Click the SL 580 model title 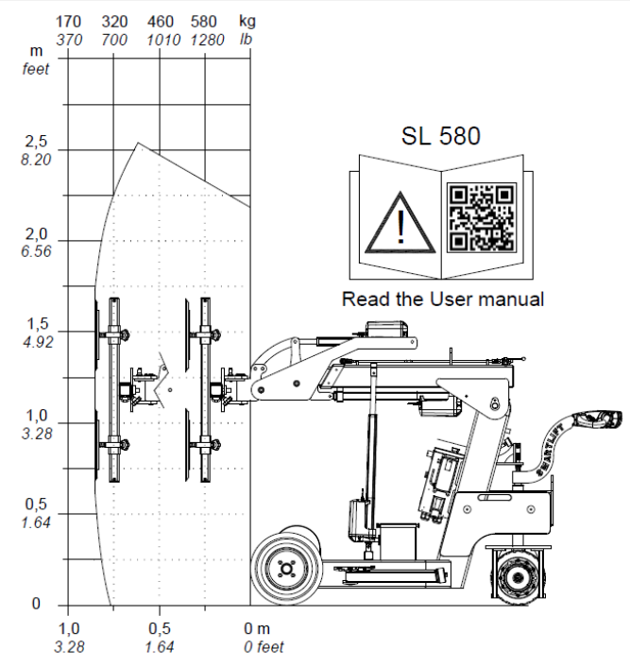coord(441,136)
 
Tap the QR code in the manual coord(482,217)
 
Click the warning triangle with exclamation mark coord(400,223)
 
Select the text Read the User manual coord(443,299)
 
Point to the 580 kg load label coord(204,22)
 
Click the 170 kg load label coord(68,22)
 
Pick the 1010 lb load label coord(163,40)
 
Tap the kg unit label coord(247,21)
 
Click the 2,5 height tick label coord(36,141)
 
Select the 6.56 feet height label coord(36,251)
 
